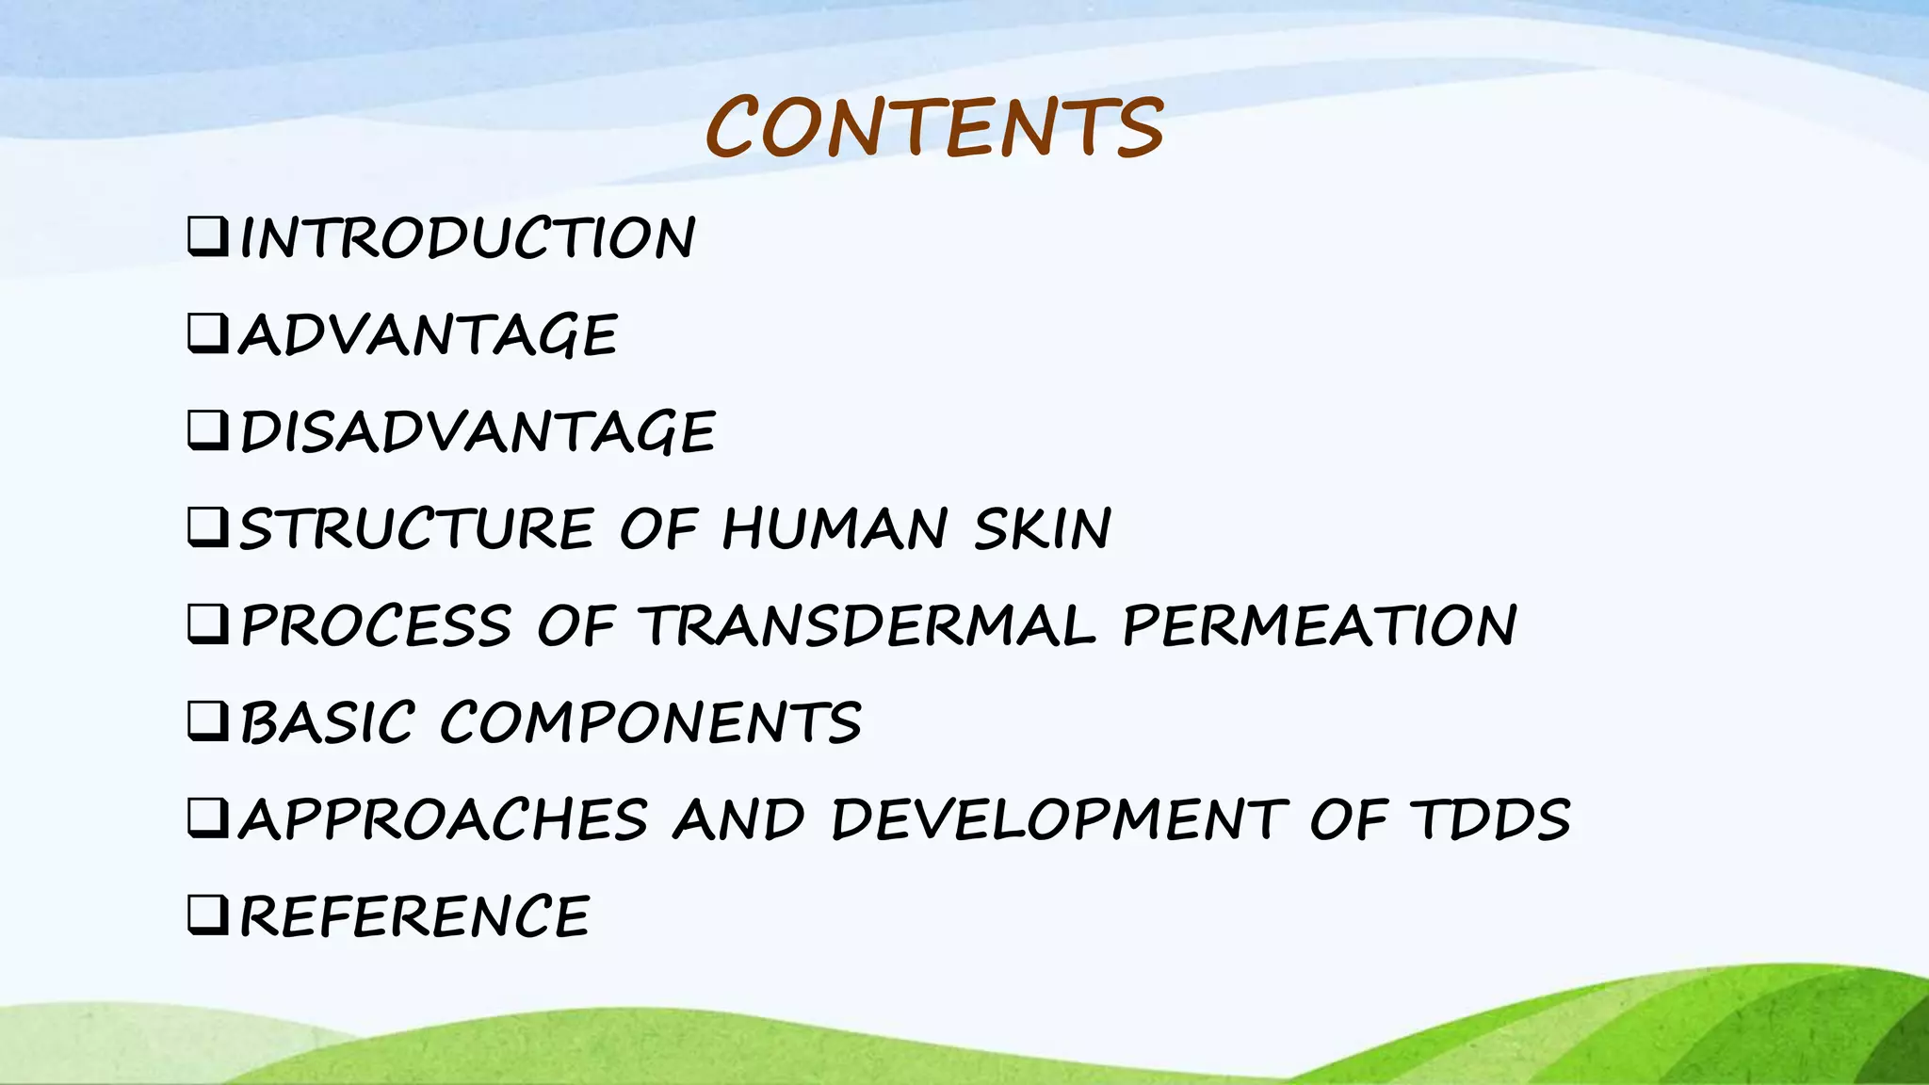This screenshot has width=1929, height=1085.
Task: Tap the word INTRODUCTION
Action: [x=468, y=237]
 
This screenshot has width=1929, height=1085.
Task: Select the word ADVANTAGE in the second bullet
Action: [x=429, y=335]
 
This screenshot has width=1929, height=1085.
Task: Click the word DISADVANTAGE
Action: [x=478, y=432]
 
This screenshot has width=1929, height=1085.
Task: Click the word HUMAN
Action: [x=834, y=528]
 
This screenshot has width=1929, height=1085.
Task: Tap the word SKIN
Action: [x=1043, y=528]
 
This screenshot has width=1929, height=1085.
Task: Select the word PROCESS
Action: [x=376, y=626]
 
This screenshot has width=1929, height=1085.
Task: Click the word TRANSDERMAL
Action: [x=867, y=626]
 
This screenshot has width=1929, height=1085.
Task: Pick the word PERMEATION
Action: [x=1320, y=626]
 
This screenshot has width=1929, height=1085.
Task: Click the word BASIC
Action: [x=327, y=723]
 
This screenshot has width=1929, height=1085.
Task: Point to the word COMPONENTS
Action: [x=650, y=723]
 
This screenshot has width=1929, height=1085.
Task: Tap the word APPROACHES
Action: [x=444, y=819]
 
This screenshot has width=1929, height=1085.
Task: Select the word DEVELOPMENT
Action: [x=1059, y=819]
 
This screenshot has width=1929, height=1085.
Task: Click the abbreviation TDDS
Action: [x=1489, y=819]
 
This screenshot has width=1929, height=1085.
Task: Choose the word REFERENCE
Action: [x=415, y=916]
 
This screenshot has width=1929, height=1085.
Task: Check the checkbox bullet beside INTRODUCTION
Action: [x=207, y=237]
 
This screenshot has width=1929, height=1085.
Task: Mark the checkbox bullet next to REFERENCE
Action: [x=207, y=915]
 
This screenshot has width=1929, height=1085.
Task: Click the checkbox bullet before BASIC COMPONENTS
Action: [x=207, y=721]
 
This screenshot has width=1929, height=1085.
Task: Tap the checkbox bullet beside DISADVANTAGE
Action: [x=207, y=431]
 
